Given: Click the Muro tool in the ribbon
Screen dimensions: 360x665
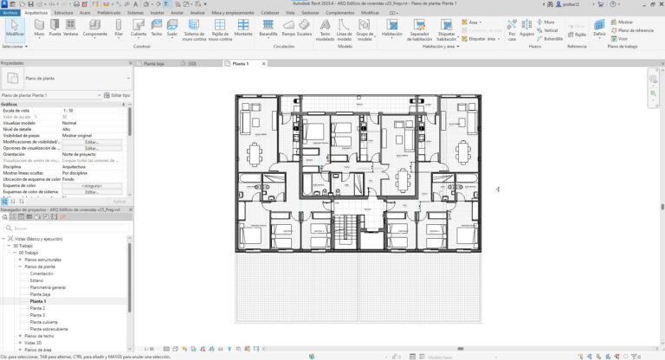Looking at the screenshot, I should click(x=41, y=28).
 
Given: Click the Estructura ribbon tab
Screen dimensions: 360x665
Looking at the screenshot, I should click(x=63, y=14).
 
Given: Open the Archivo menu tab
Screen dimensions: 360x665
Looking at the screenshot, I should click(x=10, y=14).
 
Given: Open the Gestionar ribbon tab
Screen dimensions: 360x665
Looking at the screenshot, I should click(x=310, y=14).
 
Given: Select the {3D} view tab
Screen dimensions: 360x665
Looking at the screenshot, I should click(x=192, y=63).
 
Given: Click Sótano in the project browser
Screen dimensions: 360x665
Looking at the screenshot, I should click(x=36, y=280).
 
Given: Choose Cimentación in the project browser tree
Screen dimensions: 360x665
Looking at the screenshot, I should click(x=42, y=273).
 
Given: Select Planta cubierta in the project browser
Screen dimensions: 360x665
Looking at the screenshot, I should click(x=45, y=322).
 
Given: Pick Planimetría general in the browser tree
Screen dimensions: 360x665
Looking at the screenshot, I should click(x=48, y=287).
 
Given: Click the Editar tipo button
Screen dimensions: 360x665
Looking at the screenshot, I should click(x=116, y=95).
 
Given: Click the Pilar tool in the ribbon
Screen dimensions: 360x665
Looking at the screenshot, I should click(x=118, y=28).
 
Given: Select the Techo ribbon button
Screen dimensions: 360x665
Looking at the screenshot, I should click(x=157, y=28).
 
